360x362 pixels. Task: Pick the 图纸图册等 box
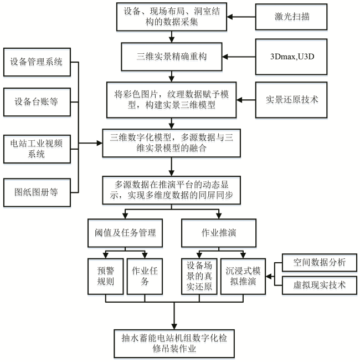[37, 192]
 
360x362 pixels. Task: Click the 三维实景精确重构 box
[172, 57]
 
